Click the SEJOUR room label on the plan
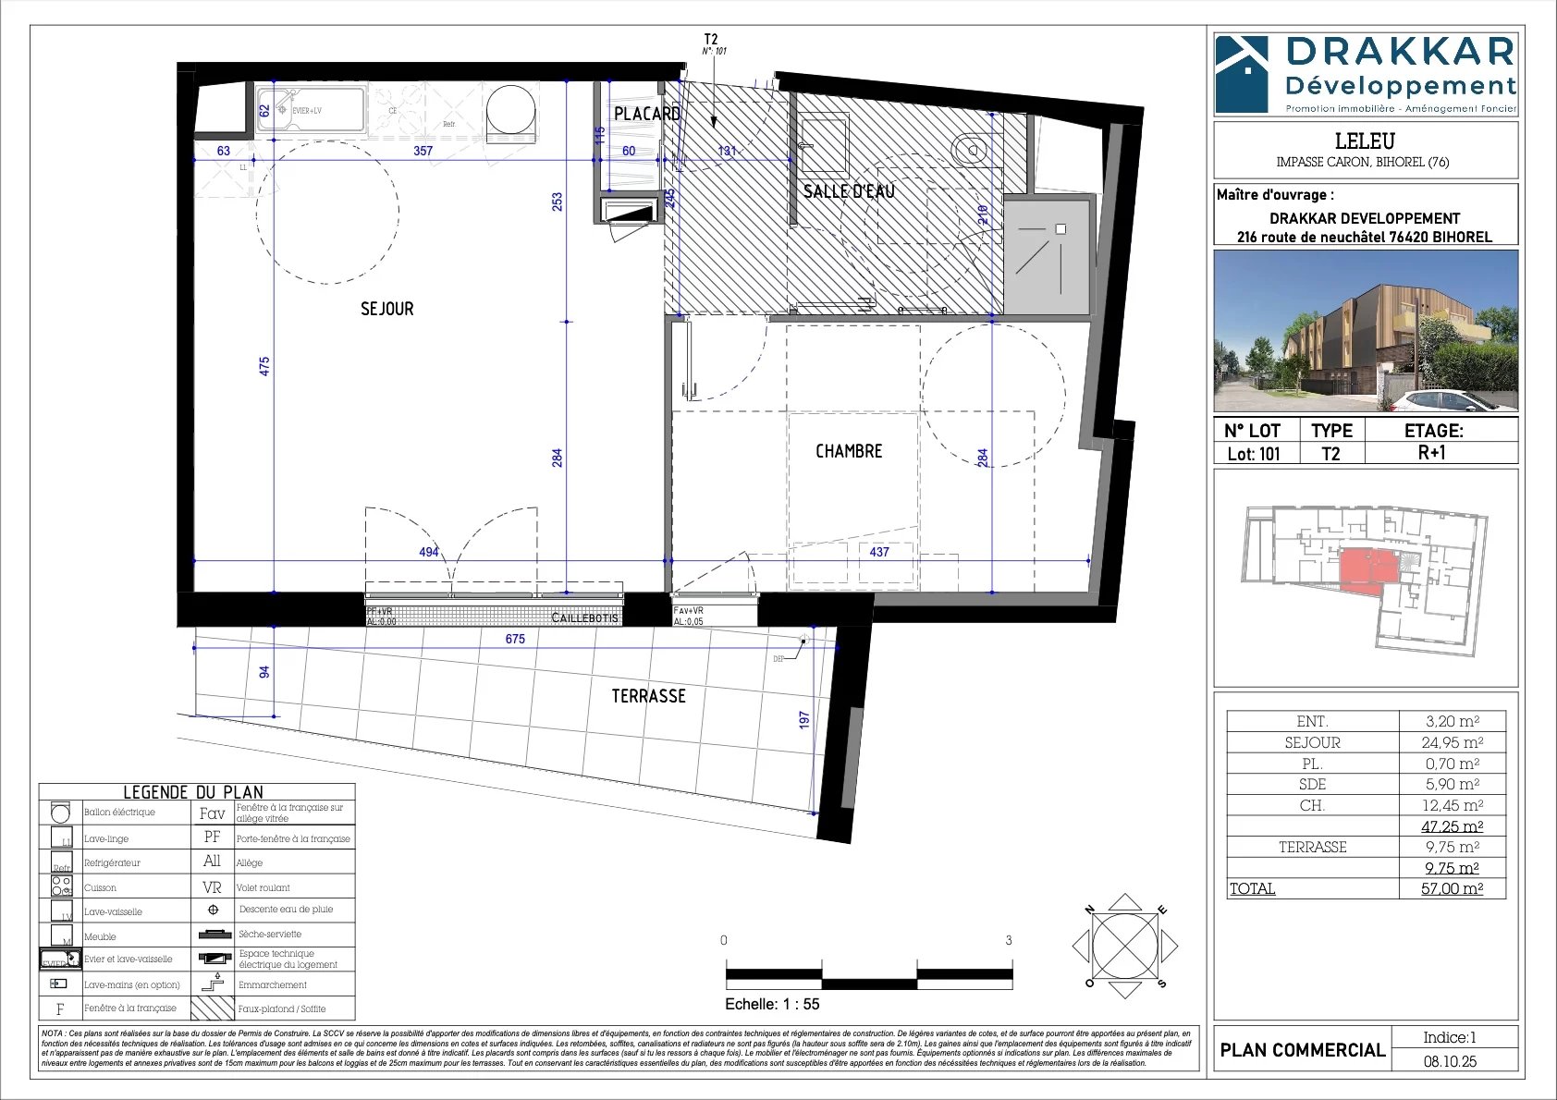click(x=386, y=309)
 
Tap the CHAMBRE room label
click(x=848, y=451)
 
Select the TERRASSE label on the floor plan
click(x=648, y=696)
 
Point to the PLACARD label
click(x=647, y=114)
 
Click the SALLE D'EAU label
click(x=848, y=191)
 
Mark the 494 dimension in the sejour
click(x=429, y=552)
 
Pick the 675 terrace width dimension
click(x=515, y=639)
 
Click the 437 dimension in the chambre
click(x=879, y=552)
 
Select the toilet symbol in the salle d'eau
click(x=970, y=148)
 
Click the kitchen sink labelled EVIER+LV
click(x=308, y=111)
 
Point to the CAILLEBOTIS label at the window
click(x=584, y=617)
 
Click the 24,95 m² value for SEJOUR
click(x=1452, y=742)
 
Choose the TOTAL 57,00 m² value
click(x=1452, y=888)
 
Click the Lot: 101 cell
click(x=1254, y=454)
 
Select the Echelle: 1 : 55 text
click(x=772, y=1004)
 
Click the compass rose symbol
click(x=1124, y=946)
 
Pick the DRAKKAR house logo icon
click(x=1242, y=74)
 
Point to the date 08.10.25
click(x=1450, y=1061)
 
